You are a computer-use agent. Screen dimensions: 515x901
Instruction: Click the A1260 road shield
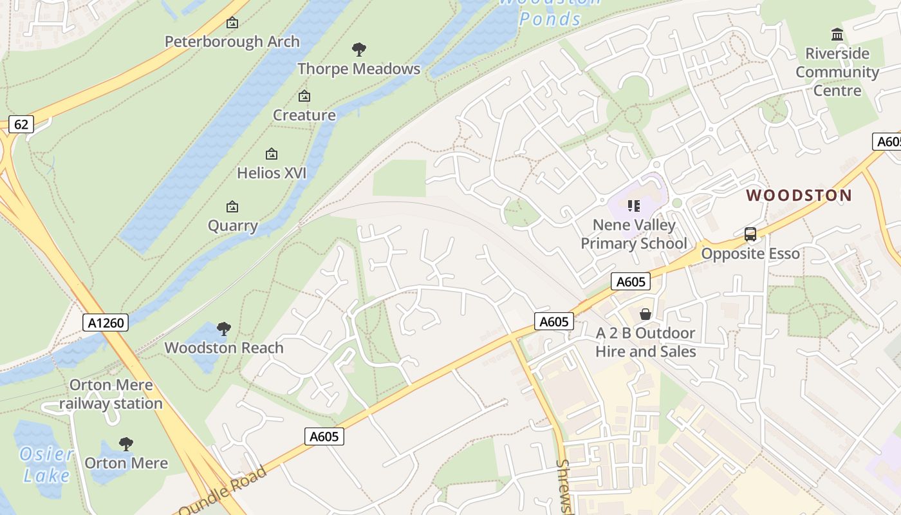pyautogui.click(x=106, y=323)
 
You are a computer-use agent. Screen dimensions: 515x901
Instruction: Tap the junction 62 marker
pyautogui.click(x=21, y=124)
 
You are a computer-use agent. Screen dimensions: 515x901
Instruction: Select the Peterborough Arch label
pyautogui.click(x=232, y=42)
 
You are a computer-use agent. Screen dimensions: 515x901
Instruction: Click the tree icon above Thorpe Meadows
pyautogui.click(x=359, y=50)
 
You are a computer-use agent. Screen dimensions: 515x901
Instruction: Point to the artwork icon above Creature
pyautogui.click(x=304, y=97)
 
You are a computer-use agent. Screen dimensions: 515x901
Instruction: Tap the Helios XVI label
pyautogui.click(x=272, y=173)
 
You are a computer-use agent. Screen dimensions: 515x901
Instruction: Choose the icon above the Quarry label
pyautogui.click(x=232, y=207)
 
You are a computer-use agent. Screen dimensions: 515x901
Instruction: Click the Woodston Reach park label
pyautogui.click(x=224, y=348)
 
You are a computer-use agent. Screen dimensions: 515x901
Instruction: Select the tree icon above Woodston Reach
pyautogui.click(x=224, y=330)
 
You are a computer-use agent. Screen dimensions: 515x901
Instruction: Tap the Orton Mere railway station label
pyautogui.click(x=111, y=395)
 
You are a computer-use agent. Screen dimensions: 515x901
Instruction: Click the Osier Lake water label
pyautogui.click(x=46, y=465)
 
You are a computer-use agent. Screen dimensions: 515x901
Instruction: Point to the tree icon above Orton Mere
pyautogui.click(x=126, y=444)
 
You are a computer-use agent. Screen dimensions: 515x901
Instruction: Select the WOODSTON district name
pyautogui.click(x=799, y=196)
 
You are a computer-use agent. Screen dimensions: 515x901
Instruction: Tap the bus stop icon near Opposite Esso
pyautogui.click(x=750, y=234)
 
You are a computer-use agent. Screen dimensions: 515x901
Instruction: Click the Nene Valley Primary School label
pyautogui.click(x=634, y=234)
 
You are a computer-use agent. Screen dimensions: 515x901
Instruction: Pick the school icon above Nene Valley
pyautogui.click(x=634, y=206)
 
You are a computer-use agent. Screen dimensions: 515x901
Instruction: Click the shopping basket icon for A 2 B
pyautogui.click(x=646, y=314)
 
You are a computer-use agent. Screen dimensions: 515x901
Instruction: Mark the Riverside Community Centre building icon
pyautogui.click(x=837, y=34)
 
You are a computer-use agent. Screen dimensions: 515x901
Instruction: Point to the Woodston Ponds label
pyautogui.click(x=550, y=13)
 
